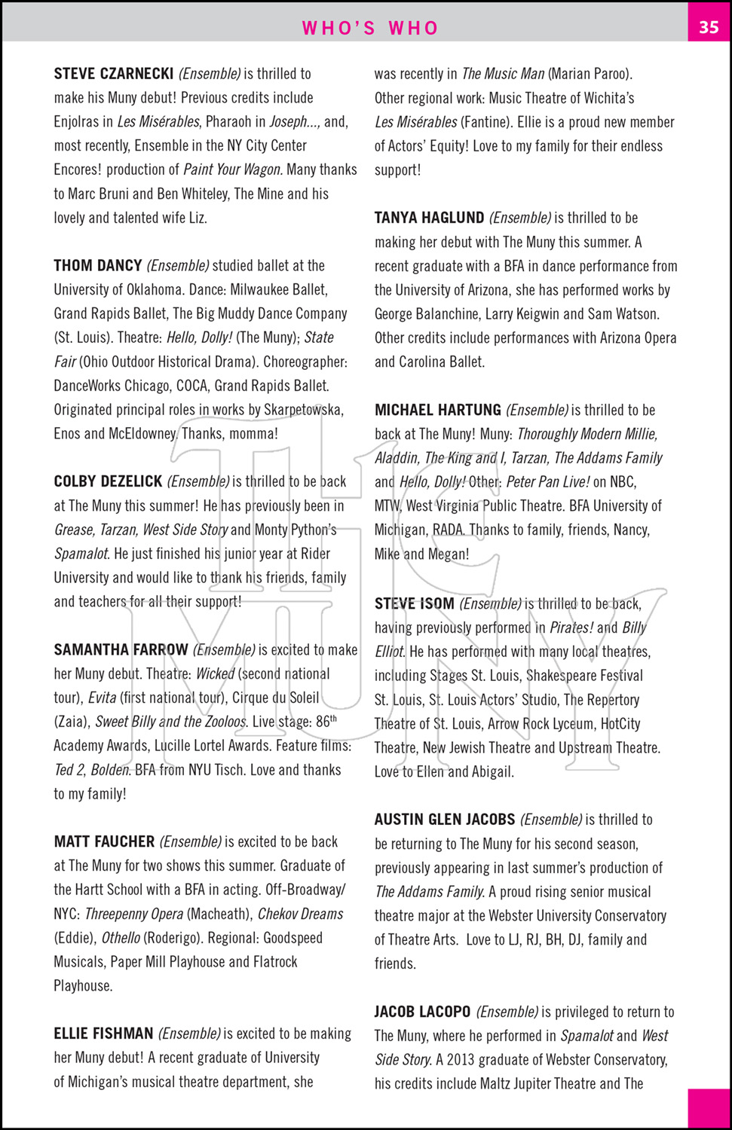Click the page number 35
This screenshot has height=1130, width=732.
pos(709,27)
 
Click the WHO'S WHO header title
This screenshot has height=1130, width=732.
pos(370,28)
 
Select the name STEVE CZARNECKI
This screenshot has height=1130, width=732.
pos(114,74)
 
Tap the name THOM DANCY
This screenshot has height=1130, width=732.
pos(98,266)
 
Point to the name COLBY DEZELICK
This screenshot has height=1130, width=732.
pos(108,481)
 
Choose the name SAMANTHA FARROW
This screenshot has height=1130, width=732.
pos(121,650)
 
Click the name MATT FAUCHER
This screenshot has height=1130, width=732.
pos(104,842)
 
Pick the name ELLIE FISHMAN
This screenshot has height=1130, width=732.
pos(103,1034)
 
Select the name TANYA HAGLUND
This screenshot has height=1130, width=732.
pos(430,218)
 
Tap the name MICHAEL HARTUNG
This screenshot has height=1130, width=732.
pos(438,411)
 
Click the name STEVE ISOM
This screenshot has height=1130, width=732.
pos(415,604)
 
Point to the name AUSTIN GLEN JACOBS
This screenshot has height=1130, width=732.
pos(445,820)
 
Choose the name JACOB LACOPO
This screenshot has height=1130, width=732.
pos(422,1012)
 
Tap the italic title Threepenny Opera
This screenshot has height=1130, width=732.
pos(134,915)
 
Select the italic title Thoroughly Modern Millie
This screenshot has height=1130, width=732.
pos(587,435)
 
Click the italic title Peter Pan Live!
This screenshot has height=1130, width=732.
pos(548,482)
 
